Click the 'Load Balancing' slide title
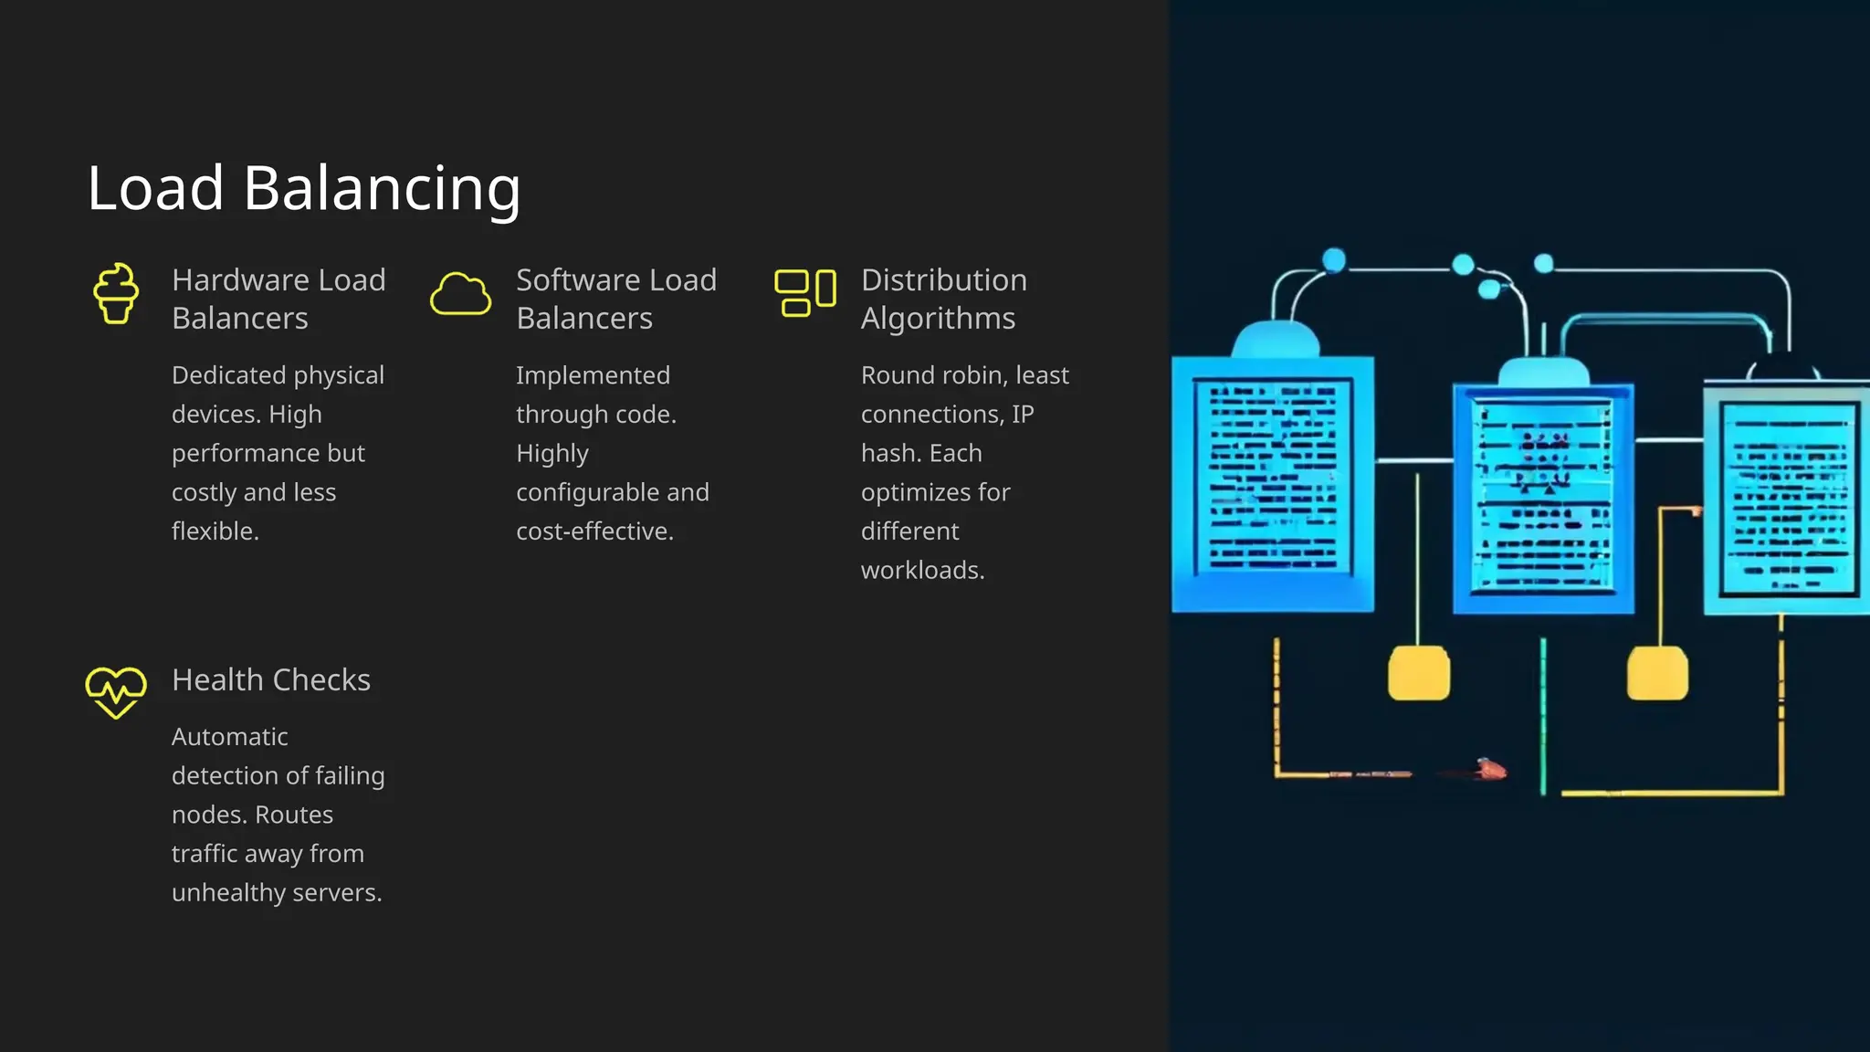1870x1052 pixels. [x=303, y=188]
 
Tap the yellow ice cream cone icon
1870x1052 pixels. [x=116, y=293]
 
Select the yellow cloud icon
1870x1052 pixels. [x=460, y=294]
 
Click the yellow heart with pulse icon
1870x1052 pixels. [x=116, y=692]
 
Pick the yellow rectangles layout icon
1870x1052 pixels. [x=804, y=293]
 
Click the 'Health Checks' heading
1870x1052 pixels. [x=271, y=680]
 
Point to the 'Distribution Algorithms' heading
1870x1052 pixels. [x=943, y=299]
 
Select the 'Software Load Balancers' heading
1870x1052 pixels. [x=616, y=299]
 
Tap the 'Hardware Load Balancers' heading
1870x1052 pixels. [x=278, y=299]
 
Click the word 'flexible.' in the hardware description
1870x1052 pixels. [x=215, y=531]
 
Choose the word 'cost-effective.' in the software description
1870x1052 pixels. [x=594, y=531]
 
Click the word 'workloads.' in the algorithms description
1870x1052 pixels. [x=922, y=571]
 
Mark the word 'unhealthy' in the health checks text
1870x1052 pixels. [x=228, y=893]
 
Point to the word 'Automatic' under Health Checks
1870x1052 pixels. [x=230, y=737]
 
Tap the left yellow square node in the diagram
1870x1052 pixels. [x=1418, y=673]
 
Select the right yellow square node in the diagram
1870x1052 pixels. [x=1657, y=673]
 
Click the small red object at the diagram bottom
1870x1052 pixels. [x=1490, y=770]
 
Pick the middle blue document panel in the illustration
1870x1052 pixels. [x=1542, y=498]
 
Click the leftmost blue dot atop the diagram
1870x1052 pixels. [x=1334, y=260]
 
